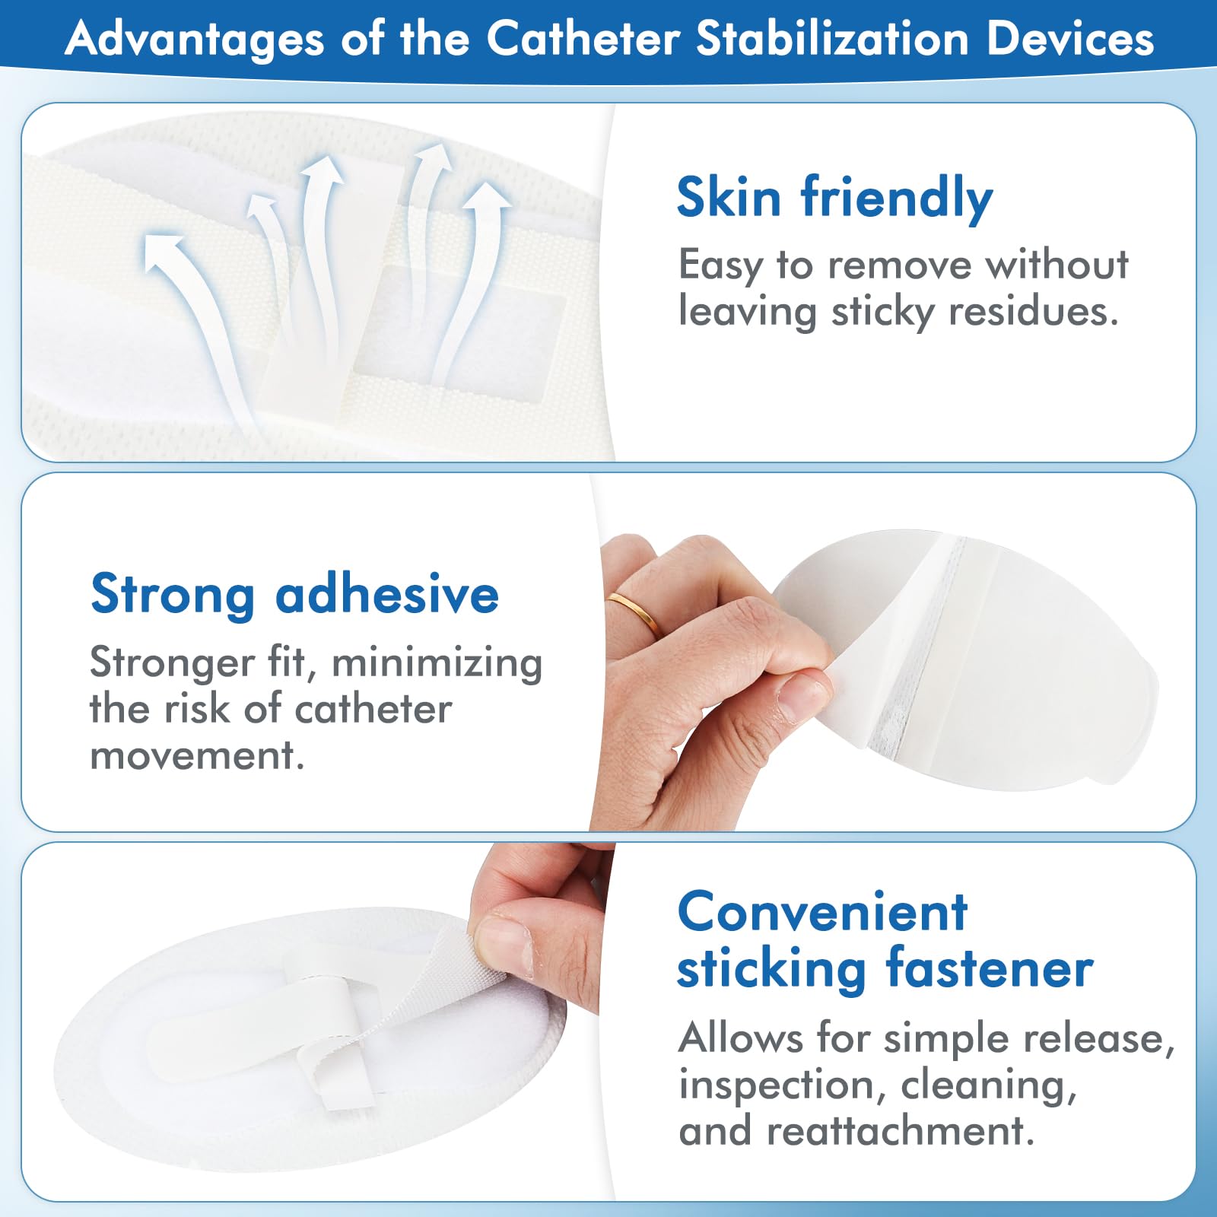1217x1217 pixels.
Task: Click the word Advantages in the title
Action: coord(195,40)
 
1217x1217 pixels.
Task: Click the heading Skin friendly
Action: coord(834,198)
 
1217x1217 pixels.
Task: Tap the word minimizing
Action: coord(437,663)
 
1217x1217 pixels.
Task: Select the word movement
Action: coord(196,755)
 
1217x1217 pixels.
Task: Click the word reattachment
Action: coord(900,1131)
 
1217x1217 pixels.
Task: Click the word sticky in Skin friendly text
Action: coord(882,312)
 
